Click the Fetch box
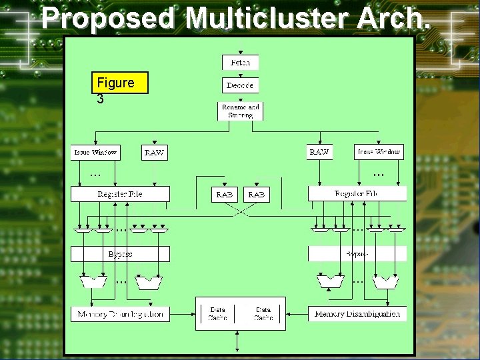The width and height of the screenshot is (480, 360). pyautogui.click(x=240, y=62)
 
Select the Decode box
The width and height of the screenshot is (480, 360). pyautogui.click(x=240, y=85)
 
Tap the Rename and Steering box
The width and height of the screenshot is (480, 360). pyautogui.click(x=240, y=111)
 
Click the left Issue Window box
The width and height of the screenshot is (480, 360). pyautogui.click(x=95, y=152)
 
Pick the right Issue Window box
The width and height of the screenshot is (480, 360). pyautogui.click(x=379, y=152)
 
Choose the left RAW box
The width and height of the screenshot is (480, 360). pyautogui.click(x=154, y=153)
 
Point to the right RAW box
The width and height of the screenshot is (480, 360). pyautogui.click(x=319, y=152)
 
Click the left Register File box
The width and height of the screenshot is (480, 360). pyautogui.click(x=120, y=194)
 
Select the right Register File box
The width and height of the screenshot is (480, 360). pyautogui.click(x=357, y=194)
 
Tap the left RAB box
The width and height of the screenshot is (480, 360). pyautogui.click(x=224, y=195)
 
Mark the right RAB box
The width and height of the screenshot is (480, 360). pyautogui.click(x=256, y=195)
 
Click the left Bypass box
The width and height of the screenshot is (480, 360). pyautogui.click(x=120, y=254)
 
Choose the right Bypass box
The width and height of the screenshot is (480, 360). pyautogui.click(x=357, y=254)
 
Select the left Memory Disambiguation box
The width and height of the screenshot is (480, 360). pyautogui.click(x=120, y=314)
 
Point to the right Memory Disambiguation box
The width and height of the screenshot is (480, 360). pyautogui.click(x=357, y=314)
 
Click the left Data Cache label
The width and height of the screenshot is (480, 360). pyautogui.click(x=218, y=314)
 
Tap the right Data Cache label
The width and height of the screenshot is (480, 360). pyautogui.click(x=263, y=314)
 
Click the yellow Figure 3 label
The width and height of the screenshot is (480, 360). pyautogui.click(x=120, y=83)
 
